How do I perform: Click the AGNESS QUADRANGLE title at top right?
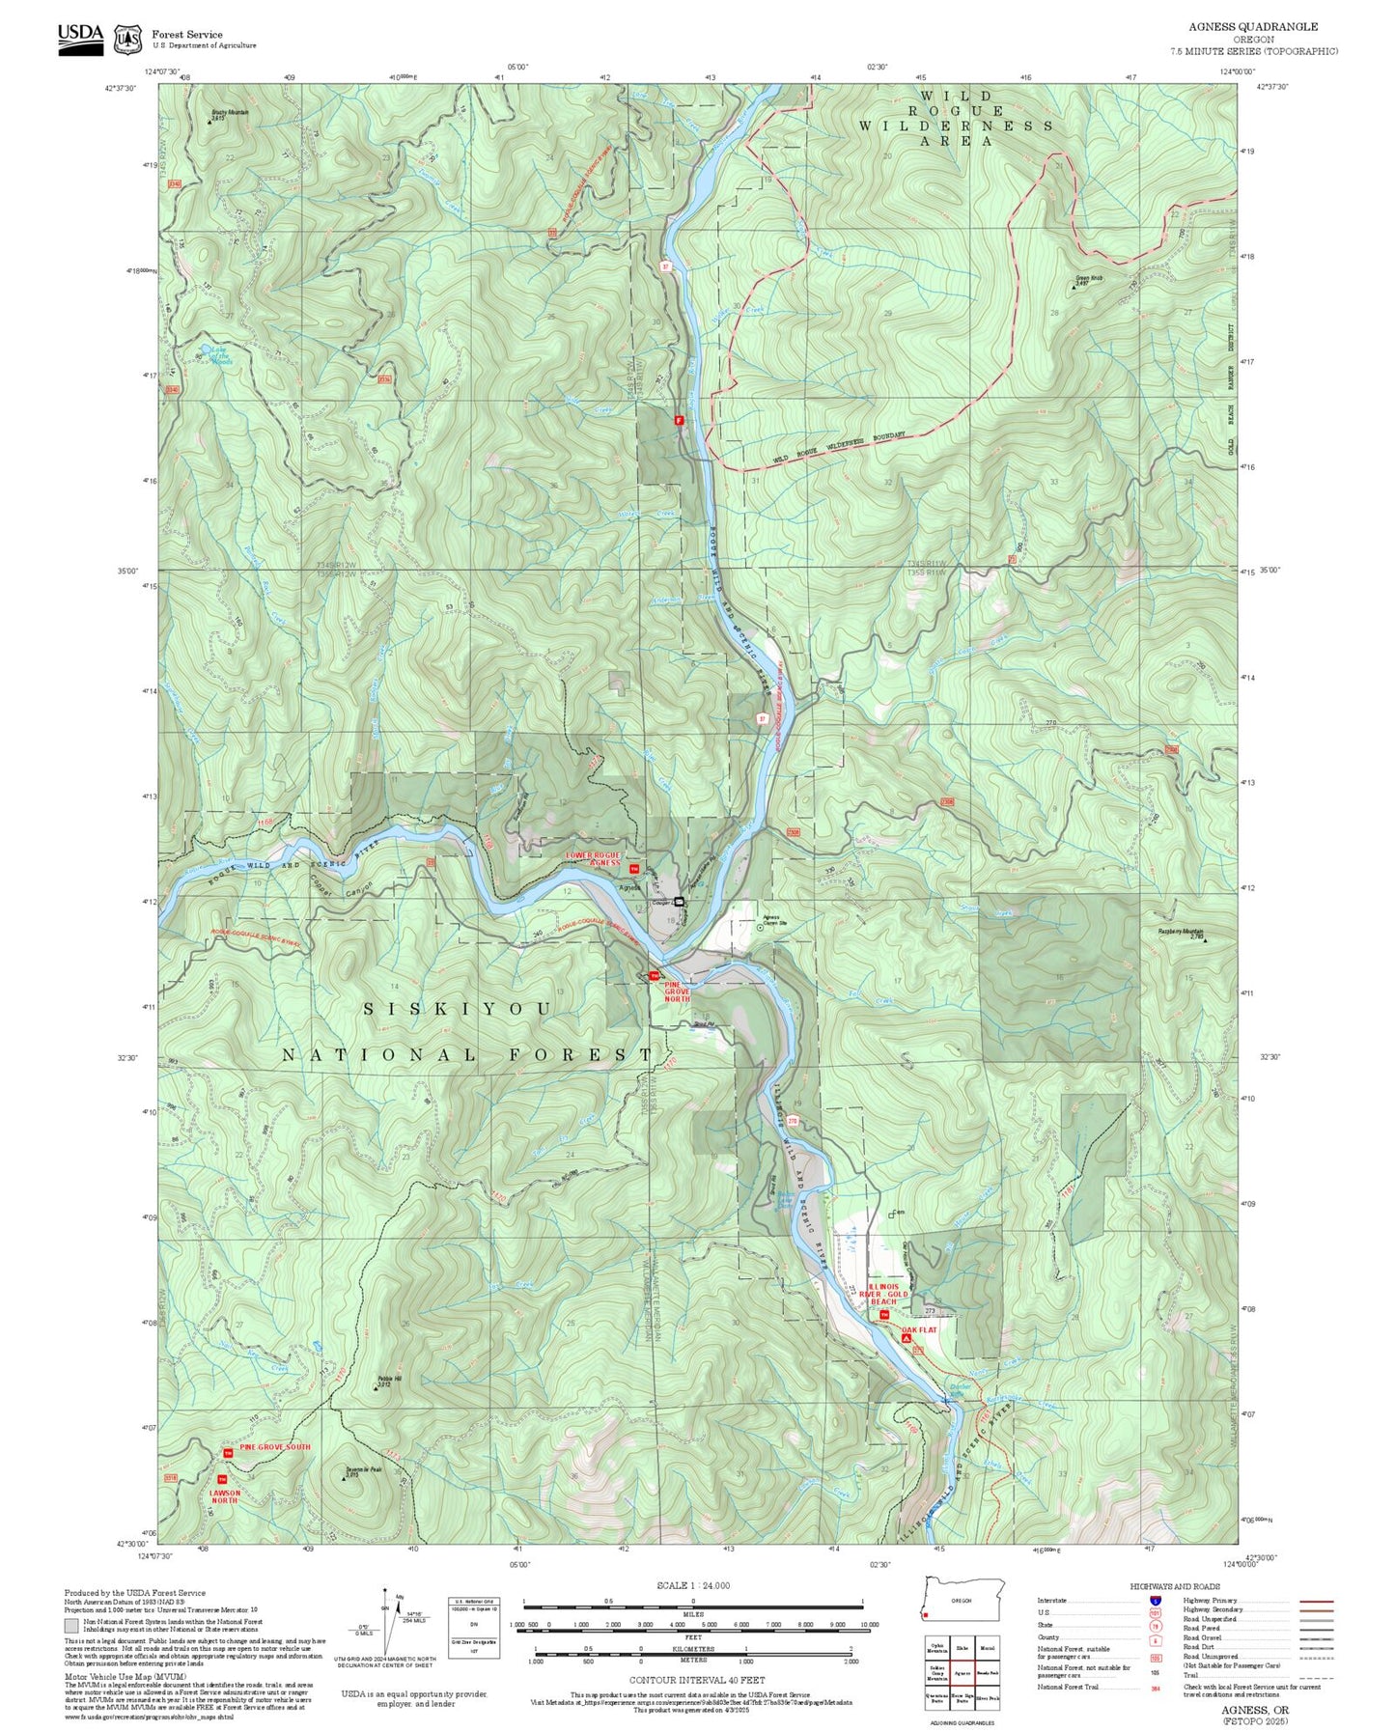pos(1252,26)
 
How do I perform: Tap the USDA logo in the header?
pos(80,37)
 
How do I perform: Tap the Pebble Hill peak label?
pos(383,1381)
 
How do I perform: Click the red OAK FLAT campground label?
pos(919,1330)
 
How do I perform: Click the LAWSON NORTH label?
pos(224,1496)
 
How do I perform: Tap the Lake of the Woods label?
pos(218,357)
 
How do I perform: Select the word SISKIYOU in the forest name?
pos(457,1009)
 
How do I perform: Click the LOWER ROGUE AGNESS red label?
pos(593,858)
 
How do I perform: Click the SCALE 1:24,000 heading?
pos(693,1585)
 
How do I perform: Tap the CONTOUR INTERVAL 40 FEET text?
pos(696,1681)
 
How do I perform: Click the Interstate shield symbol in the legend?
pos(1156,1601)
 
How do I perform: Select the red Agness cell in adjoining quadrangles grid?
pos(962,1674)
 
